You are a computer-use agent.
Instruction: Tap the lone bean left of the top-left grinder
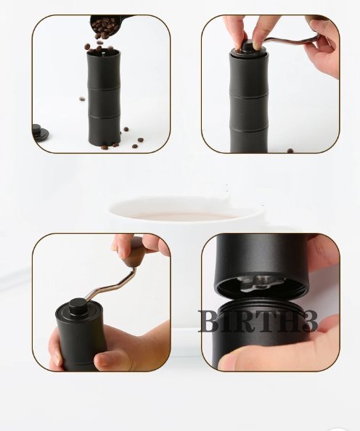click(x=82, y=99)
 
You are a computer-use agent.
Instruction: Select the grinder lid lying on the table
click(x=40, y=133)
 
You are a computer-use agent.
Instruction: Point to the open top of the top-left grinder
click(x=103, y=52)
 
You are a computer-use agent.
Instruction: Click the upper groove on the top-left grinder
click(x=104, y=88)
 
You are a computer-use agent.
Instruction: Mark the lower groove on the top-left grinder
click(x=105, y=117)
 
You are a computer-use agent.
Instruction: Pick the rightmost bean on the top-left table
click(x=141, y=139)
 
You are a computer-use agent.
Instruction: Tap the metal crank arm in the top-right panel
click(x=289, y=41)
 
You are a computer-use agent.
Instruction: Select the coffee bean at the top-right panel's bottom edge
click(x=290, y=150)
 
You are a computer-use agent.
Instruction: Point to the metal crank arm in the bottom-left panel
click(x=111, y=286)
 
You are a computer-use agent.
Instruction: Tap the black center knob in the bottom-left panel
click(x=78, y=308)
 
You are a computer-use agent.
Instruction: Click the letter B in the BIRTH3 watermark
click(x=210, y=321)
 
